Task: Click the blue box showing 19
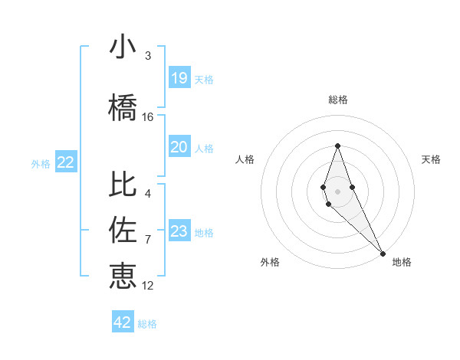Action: [x=179, y=77]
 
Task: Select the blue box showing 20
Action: [x=179, y=147]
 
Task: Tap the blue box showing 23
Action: [x=179, y=231]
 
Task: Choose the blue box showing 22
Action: [x=66, y=162]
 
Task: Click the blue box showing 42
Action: [x=123, y=322]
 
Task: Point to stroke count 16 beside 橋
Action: [x=148, y=117]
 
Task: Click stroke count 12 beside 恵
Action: [x=148, y=286]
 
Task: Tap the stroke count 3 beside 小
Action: [x=148, y=56]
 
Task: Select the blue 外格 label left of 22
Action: [x=41, y=163]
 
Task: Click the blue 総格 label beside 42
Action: [x=147, y=324]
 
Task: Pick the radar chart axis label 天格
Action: [x=432, y=159]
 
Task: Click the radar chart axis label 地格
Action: [x=402, y=262]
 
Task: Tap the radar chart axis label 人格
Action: [x=245, y=159]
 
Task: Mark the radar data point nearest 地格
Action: [x=383, y=254]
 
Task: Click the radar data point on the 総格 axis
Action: [x=337, y=146]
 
